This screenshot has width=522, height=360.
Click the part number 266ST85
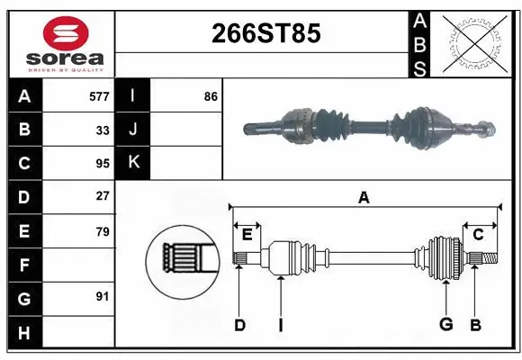coord(265,34)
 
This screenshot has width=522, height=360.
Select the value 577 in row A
coord(99,94)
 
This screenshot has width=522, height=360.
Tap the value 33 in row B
coord(103,129)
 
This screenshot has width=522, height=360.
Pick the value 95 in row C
coord(103,163)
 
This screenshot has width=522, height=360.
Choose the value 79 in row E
coord(103,231)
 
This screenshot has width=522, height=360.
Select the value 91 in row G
coord(103,296)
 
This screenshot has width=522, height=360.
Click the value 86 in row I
coord(211,94)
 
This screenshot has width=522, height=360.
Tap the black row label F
coord(24,265)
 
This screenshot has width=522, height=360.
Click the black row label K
coord(133,163)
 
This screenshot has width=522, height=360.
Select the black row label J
coord(133,129)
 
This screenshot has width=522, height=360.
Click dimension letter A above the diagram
coord(364,198)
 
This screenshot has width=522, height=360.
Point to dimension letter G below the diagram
coord(445,325)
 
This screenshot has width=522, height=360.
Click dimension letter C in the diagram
coord(478,234)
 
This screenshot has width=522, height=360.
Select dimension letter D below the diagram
coord(239,325)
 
